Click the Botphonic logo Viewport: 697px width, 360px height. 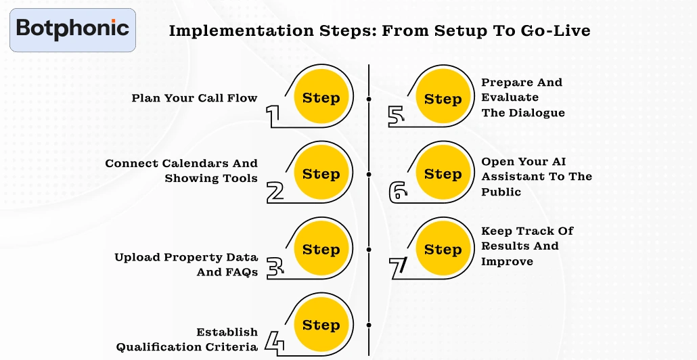72,29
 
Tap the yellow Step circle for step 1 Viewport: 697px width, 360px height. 321,97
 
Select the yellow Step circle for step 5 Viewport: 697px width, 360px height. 443,99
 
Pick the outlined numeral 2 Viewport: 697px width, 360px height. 275,192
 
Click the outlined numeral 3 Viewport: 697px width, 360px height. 274,267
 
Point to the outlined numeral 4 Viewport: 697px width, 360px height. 273,342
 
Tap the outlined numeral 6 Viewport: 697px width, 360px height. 399,192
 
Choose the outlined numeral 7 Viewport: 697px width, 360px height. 398,267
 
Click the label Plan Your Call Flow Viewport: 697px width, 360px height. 194,98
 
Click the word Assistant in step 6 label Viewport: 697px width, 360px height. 510,177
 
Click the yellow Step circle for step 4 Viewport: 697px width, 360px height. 321,325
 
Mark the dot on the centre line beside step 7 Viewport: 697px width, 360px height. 369,250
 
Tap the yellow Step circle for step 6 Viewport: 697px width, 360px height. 443,174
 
